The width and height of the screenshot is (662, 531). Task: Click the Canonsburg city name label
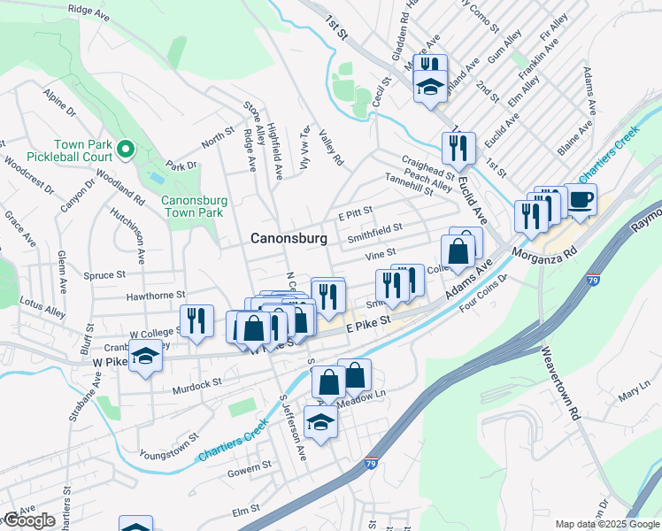coord(289,238)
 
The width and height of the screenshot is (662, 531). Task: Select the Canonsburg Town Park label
coord(194,207)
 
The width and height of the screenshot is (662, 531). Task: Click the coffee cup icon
coord(581,200)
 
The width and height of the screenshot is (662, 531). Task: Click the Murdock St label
coord(196,385)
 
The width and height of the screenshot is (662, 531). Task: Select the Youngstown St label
coord(168,447)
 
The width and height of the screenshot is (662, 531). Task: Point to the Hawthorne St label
coord(155,296)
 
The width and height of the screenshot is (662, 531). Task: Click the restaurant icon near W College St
coord(196,320)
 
